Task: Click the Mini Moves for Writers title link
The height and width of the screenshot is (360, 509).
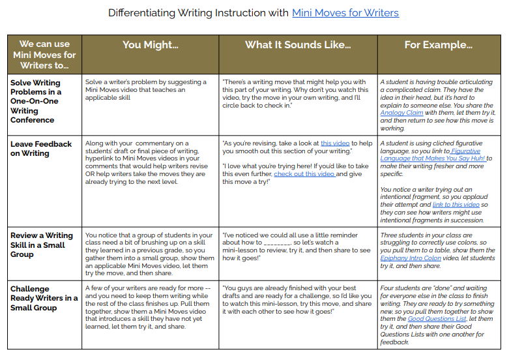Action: [345, 12]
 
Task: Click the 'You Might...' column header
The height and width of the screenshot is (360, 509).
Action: [150, 45]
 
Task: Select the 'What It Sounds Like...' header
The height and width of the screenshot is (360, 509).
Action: [298, 45]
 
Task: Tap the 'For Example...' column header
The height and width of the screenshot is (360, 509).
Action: [439, 45]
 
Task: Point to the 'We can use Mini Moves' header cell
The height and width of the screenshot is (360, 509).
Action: [44, 55]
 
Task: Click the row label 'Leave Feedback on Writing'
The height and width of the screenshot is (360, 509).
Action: [41, 149]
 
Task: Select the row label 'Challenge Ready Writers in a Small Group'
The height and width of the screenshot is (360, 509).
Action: [44, 298]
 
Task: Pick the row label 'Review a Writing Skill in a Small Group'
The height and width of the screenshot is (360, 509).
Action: [42, 245]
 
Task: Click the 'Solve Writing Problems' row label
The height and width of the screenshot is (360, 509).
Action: [35, 101]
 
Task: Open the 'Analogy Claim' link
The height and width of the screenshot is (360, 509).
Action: [401, 113]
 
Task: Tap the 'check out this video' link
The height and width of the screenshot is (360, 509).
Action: [304, 174]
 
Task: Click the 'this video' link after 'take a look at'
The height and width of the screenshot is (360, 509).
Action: [335, 143]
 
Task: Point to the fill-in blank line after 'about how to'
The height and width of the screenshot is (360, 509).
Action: [275, 243]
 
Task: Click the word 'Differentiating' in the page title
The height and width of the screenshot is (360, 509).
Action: [142, 12]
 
